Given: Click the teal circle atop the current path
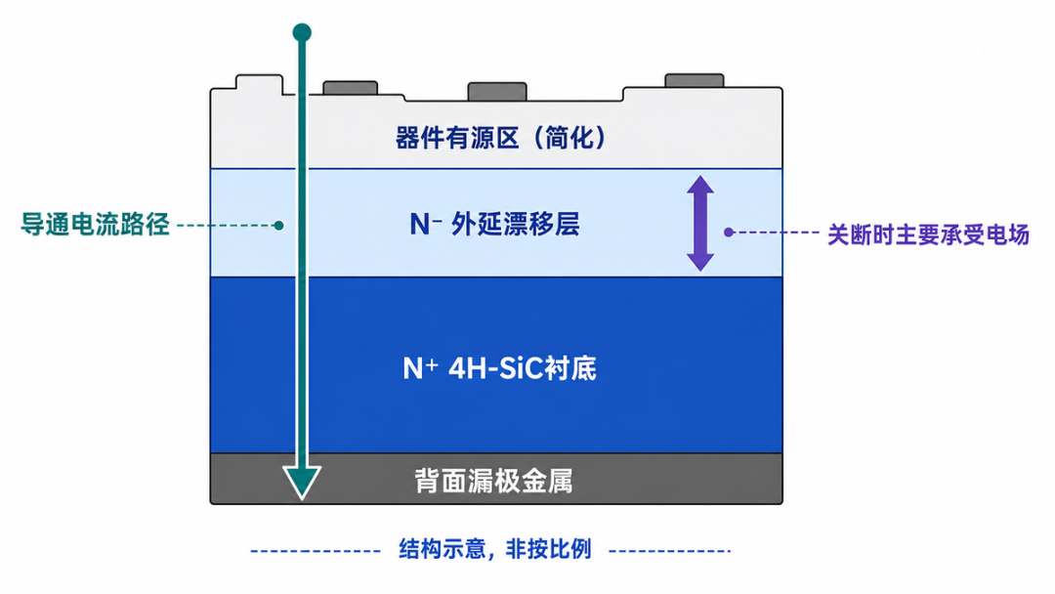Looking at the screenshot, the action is (302, 32).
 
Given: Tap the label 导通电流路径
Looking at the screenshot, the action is (95, 225).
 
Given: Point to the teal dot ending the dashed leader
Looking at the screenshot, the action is (278, 226).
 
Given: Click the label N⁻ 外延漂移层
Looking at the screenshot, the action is (494, 224).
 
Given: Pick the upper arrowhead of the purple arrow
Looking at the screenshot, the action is (700, 187).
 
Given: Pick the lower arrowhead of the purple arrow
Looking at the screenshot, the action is (700, 261).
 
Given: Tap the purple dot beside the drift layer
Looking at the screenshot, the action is (729, 233).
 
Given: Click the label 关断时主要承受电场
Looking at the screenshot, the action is (929, 234).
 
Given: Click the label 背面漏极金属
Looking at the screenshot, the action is (494, 481).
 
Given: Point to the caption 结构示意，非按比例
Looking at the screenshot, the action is (495, 549).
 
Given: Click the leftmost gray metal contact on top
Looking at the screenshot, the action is (350, 88).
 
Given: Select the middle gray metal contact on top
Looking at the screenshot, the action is (497, 92).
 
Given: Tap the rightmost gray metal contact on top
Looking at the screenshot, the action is (695, 81).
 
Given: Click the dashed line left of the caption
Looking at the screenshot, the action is (316, 551).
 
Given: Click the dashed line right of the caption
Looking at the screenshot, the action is (669, 551).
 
